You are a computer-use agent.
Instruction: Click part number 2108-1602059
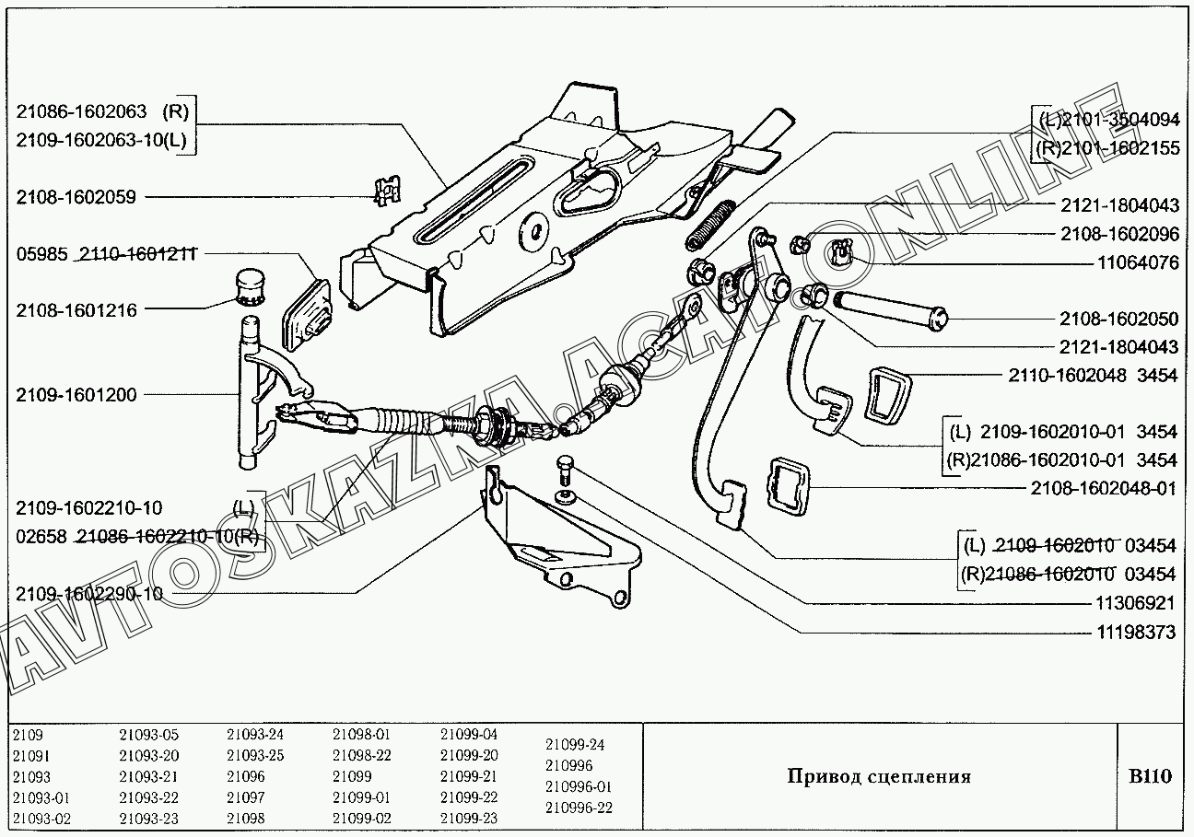[x=76, y=196]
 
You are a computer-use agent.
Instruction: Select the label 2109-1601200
[x=76, y=395]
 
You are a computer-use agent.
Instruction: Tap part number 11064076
[x=1138, y=262]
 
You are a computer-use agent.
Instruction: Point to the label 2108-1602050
[x=1118, y=319]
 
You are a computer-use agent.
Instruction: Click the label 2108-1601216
[x=76, y=310]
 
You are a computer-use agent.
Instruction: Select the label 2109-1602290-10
[x=88, y=594]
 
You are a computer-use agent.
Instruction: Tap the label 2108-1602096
[x=1118, y=234]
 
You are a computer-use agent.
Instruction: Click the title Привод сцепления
[x=878, y=776]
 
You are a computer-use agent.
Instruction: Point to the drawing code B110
[x=1150, y=776]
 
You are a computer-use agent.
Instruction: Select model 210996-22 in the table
[x=578, y=808]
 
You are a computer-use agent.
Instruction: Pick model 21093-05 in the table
[x=148, y=735]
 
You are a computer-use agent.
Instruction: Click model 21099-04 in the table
[x=468, y=735]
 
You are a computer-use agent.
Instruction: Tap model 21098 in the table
[x=245, y=818]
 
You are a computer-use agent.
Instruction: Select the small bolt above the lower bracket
[x=564, y=470]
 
